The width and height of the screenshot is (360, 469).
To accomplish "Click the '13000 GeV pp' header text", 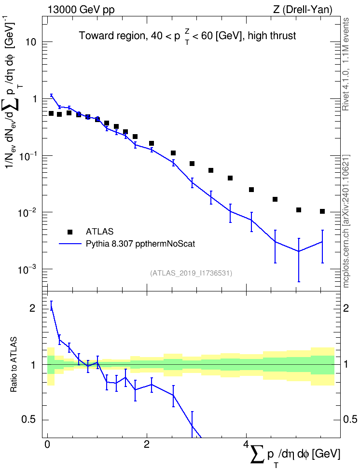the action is coord(81,10).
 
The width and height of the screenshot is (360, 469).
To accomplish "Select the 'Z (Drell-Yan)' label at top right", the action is coord(303,10).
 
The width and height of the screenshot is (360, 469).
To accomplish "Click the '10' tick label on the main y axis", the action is coord(31,42).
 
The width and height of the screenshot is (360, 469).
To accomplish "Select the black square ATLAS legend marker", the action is coord(69,232).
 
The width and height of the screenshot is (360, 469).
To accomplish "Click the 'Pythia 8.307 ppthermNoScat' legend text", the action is coord(140,244).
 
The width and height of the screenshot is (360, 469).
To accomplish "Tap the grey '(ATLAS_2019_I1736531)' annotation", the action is coord(191,273).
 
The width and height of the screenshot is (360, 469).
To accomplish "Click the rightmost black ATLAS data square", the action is coord(322,211).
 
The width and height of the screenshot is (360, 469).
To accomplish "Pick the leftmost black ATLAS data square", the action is coord(51,113).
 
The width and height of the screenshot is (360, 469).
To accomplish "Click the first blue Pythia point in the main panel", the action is coord(51,95).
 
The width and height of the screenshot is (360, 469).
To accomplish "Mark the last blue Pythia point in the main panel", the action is coord(322,241).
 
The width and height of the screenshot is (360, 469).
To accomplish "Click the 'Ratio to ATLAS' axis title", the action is coord(14,364).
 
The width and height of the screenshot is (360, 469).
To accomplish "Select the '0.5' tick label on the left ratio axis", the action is coord(29,420).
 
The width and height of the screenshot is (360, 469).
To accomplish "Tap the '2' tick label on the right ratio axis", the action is coord(346,308).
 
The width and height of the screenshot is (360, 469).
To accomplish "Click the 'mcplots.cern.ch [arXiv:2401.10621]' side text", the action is coord(346,221).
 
